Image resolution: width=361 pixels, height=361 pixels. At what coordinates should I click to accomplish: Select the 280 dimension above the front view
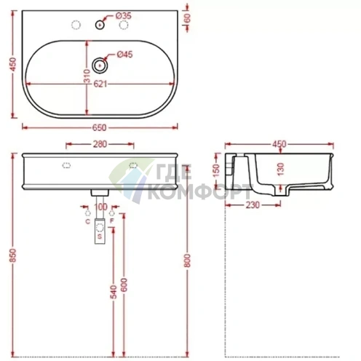point(100,144)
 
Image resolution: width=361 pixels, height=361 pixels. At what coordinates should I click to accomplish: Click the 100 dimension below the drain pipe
point(100,207)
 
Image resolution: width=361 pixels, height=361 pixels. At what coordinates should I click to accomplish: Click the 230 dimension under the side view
point(253,207)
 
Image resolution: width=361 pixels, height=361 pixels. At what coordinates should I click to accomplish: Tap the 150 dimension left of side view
point(215,170)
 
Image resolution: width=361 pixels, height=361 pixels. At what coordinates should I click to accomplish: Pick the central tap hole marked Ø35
point(100,25)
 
